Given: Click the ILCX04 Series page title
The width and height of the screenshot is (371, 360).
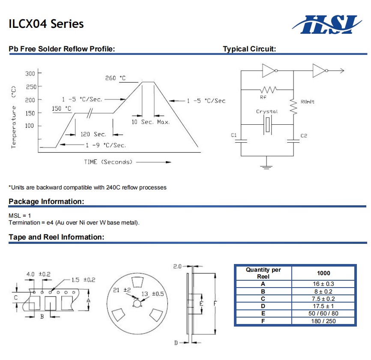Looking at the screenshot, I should click(46, 24).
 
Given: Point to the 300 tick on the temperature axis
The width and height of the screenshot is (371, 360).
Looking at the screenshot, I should click(30, 74).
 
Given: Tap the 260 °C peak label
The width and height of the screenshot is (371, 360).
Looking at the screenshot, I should click(116, 78).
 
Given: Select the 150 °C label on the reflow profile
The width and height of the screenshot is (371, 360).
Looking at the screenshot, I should click(62, 108).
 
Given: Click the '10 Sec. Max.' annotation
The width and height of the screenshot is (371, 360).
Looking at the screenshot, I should click(150, 122).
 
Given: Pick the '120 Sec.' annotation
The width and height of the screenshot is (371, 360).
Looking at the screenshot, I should click(93, 135).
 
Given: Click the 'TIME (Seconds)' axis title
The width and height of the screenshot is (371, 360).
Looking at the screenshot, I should click(108, 162).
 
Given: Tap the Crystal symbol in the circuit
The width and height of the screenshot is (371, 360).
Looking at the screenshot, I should click(267, 124).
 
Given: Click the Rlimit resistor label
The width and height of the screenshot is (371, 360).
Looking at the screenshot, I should click(308, 102).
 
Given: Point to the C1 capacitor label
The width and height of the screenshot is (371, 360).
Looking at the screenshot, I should click(234, 135).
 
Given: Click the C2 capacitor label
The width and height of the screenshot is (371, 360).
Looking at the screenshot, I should click(304, 135).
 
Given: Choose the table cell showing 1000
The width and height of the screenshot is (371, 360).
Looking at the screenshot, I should click(323, 273).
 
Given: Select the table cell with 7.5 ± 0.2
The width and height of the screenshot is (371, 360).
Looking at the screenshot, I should click(323, 299).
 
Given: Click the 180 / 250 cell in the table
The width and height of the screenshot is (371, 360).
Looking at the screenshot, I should click(323, 321).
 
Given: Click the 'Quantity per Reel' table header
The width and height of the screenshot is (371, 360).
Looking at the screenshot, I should click(263, 273).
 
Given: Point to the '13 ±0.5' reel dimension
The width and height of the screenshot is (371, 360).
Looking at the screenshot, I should click(153, 294).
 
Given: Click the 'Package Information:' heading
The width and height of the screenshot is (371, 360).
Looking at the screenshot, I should click(46, 201).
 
